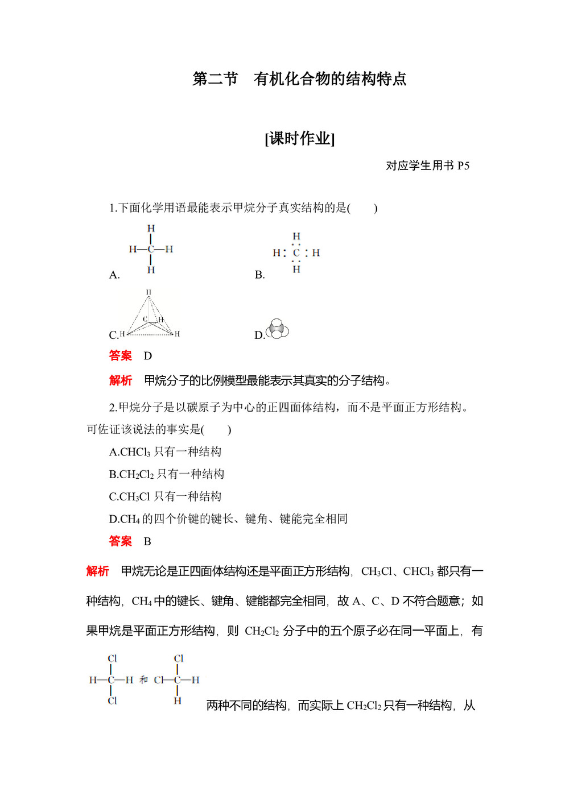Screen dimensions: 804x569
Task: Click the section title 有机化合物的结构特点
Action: (x=330, y=79)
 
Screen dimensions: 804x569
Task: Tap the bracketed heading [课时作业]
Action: (x=300, y=138)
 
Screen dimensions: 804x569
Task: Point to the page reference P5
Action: (x=463, y=165)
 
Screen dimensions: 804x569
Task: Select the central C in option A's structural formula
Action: (x=151, y=249)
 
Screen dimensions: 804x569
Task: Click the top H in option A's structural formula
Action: (x=151, y=229)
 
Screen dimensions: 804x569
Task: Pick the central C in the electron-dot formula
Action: (x=296, y=252)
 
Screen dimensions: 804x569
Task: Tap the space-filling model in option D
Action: (x=278, y=329)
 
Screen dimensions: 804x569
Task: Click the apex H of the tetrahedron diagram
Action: (x=149, y=292)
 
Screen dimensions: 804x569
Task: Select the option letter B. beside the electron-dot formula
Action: (x=260, y=275)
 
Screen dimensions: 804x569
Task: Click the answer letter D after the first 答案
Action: (x=148, y=356)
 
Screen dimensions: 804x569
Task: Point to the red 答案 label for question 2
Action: (x=120, y=541)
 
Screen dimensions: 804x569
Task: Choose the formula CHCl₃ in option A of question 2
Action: (x=135, y=452)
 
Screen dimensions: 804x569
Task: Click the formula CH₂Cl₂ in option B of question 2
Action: (x=137, y=474)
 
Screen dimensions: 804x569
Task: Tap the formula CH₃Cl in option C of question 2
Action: (x=135, y=496)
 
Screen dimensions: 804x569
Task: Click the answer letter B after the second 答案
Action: (x=147, y=541)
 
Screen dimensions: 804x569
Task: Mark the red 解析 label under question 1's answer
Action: (x=120, y=380)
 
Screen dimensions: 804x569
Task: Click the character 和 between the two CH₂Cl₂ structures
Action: (x=143, y=679)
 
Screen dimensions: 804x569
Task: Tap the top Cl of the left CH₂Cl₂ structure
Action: (x=112, y=658)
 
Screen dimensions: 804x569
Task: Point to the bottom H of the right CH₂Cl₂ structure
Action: (x=178, y=701)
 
